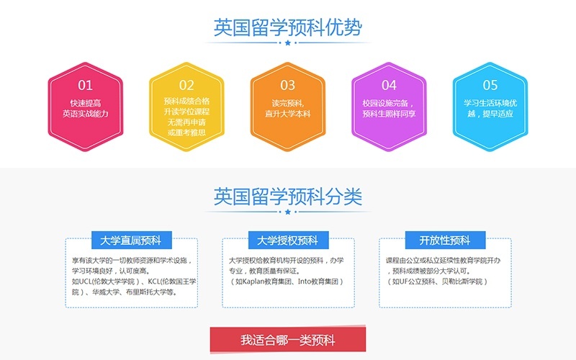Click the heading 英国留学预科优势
click(288, 27)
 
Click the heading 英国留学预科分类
click(288, 196)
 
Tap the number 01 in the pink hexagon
click(86, 86)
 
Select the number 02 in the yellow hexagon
click(186, 86)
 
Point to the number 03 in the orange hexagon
click(288, 86)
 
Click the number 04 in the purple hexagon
click(389, 86)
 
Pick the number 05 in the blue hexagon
click(490, 86)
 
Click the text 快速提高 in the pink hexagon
click(86, 102)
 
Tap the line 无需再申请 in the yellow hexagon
click(186, 123)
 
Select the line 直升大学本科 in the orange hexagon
click(288, 114)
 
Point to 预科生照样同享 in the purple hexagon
click(389, 114)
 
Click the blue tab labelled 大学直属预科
click(131, 240)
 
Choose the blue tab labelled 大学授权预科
click(288, 240)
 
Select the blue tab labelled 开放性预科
click(445, 240)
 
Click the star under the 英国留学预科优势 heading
click(288, 43)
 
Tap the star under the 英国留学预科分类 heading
click(288, 212)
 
